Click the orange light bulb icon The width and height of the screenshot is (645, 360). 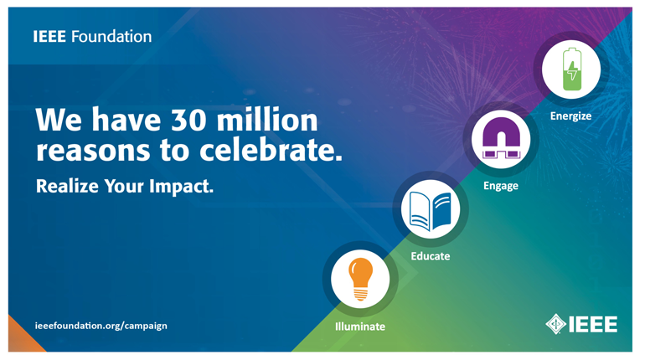360,280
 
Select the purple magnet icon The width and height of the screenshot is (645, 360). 501,138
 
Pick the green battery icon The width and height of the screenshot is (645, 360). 572,69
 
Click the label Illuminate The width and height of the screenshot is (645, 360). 360,327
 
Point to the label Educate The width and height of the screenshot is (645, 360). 431,256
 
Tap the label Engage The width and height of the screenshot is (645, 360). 501,186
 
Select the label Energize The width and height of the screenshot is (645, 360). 571,116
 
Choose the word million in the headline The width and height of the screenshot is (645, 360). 267,120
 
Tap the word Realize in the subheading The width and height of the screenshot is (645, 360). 67,186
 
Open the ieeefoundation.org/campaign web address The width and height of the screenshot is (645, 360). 101,326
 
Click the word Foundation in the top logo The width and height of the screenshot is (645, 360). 111,37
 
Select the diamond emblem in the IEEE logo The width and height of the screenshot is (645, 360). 555,324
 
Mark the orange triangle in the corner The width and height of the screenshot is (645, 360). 22,337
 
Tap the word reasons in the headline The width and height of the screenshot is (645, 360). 93,152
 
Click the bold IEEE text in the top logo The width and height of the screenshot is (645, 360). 49,37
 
